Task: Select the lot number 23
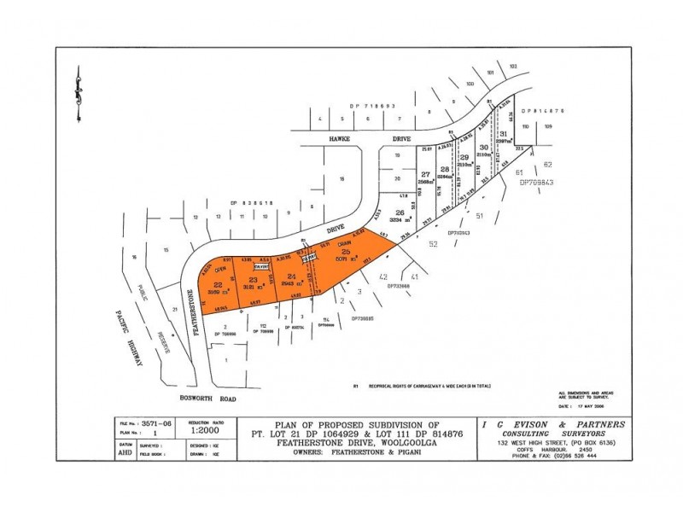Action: pos(253,280)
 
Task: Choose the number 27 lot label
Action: pos(425,174)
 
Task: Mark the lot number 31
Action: pos(504,135)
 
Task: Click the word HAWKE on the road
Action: pos(318,138)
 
